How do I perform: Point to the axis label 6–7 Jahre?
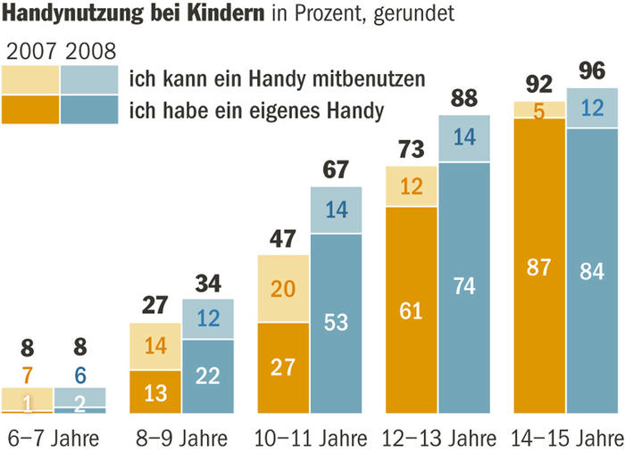tap(52, 439)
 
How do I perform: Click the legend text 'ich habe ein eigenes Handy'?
tap(257, 111)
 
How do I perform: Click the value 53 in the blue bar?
tap(336, 324)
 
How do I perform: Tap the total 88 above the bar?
tap(463, 95)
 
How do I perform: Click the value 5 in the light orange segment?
tap(539, 110)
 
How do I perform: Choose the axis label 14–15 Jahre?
tap(566, 439)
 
